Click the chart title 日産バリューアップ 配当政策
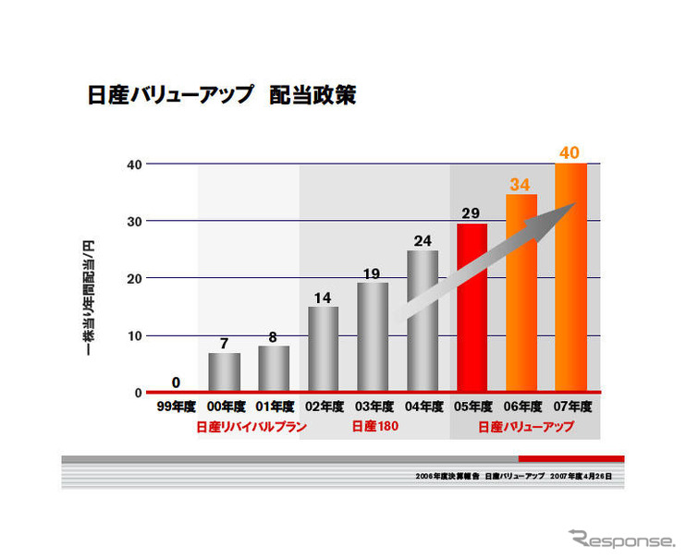click(221, 95)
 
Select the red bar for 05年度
click(472, 307)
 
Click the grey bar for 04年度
click(423, 321)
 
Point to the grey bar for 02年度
click(323, 348)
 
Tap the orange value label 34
click(521, 185)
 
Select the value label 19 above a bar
click(373, 273)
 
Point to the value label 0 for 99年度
click(175, 382)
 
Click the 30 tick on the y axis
click(134, 221)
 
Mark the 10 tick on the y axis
click(134, 335)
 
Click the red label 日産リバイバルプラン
click(251, 427)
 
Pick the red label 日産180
click(374, 427)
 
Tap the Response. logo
click(622, 539)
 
